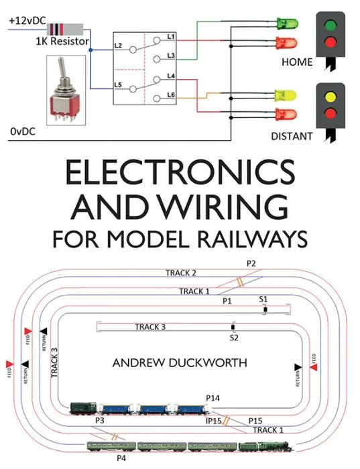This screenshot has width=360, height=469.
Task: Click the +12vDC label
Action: tap(26, 21)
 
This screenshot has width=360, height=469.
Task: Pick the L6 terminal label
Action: tap(171, 96)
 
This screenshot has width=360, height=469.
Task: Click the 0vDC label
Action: tap(23, 132)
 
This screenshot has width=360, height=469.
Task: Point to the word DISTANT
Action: tap(292, 135)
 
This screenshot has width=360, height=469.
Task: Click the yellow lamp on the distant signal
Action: tap(328, 96)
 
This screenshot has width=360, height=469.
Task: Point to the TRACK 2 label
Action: tap(181, 273)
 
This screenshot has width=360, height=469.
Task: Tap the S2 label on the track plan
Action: tap(234, 338)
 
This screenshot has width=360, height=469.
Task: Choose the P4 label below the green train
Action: tap(121, 458)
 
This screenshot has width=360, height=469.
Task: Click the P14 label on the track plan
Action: tap(213, 399)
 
